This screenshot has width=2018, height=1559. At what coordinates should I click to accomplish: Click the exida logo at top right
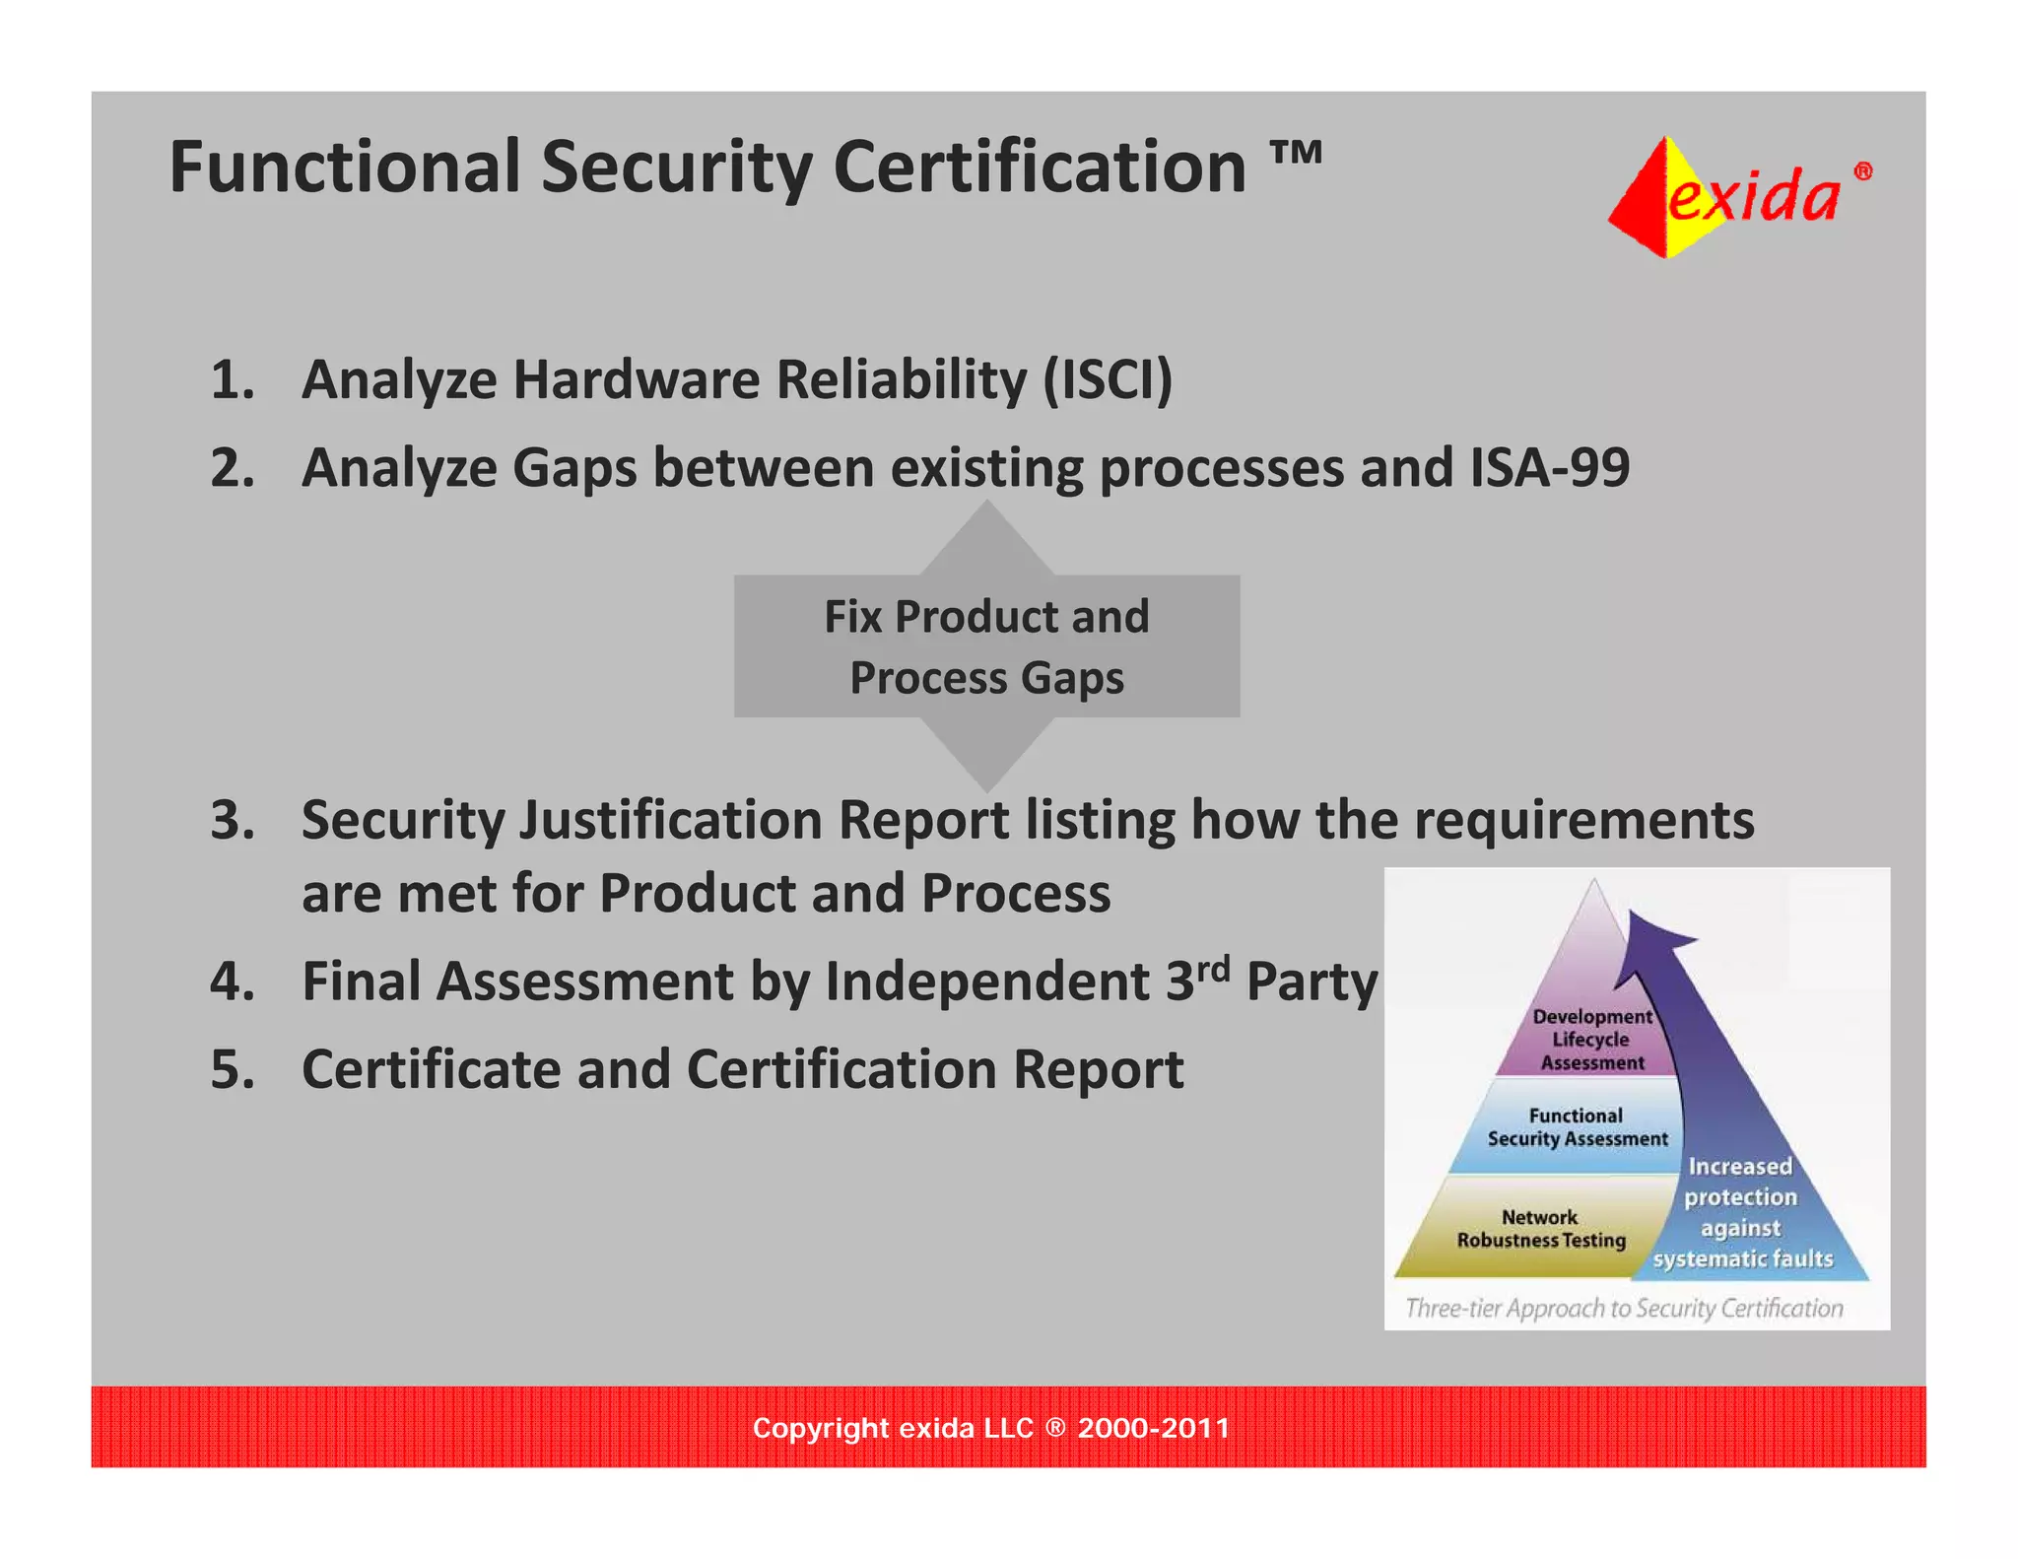click(1738, 196)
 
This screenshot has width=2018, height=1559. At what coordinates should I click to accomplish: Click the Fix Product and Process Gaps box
click(986, 646)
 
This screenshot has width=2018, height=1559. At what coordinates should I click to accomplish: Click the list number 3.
click(233, 820)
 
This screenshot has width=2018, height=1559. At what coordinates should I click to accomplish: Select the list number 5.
click(233, 1069)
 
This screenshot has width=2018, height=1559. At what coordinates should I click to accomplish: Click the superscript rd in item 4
click(1213, 968)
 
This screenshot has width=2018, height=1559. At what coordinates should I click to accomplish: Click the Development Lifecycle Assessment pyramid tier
click(1590, 1039)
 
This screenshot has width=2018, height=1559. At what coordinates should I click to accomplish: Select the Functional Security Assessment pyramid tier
click(1577, 1127)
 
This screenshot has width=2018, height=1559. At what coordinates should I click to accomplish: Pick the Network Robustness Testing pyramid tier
click(1540, 1229)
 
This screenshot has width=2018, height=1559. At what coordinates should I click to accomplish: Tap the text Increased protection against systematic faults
click(1741, 1213)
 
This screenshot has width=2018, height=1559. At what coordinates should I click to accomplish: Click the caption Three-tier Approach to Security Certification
click(1624, 1308)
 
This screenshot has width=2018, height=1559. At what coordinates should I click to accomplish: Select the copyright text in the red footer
click(990, 1428)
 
